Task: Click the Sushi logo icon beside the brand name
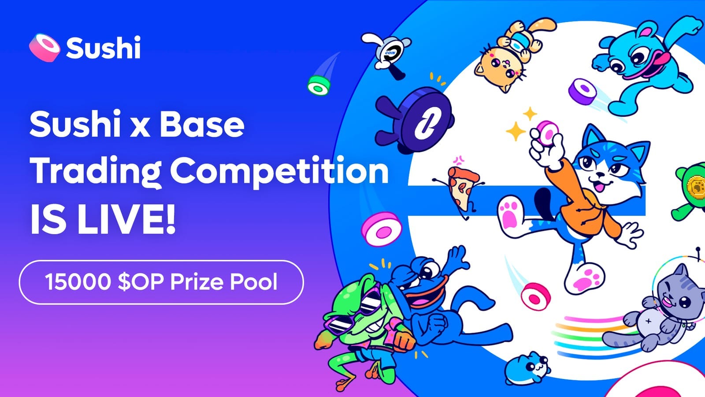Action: (44, 48)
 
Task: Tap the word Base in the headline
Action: (202, 124)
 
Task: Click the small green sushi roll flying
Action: (319, 85)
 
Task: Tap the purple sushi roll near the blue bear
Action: (583, 91)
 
